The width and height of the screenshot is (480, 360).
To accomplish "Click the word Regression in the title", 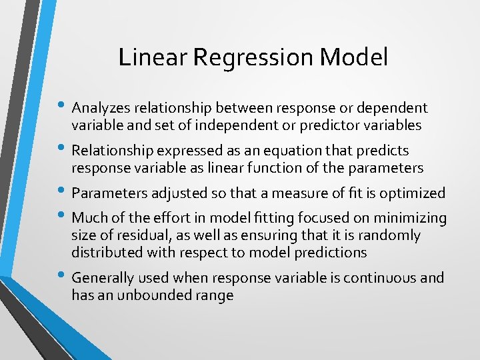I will click(x=253, y=58).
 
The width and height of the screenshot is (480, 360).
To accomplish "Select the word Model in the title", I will click(x=353, y=57).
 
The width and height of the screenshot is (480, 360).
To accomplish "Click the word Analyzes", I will click(x=101, y=108).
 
